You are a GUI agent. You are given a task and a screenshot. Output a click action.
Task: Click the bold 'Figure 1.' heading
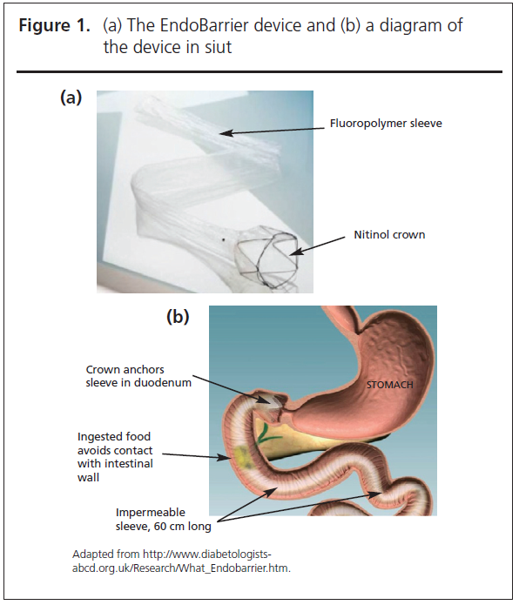pyautogui.click(x=54, y=25)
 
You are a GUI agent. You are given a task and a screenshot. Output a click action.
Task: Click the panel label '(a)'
pyautogui.click(x=71, y=97)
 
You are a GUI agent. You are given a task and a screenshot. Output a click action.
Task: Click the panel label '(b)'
pyautogui.click(x=178, y=316)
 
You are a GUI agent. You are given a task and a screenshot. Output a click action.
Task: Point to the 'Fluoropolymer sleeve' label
pyautogui.click(x=386, y=124)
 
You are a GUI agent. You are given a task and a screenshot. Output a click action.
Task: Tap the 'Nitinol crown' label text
pyautogui.click(x=389, y=234)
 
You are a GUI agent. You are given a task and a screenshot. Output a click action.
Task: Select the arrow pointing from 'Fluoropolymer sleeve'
pyautogui.click(x=273, y=131)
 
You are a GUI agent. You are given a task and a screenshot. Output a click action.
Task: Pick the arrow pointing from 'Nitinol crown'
pyautogui.click(x=317, y=245)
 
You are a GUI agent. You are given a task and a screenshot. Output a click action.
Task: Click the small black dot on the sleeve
pyautogui.click(x=223, y=240)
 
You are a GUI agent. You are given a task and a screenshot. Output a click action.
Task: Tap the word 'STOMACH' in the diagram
pyautogui.click(x=390, y=385)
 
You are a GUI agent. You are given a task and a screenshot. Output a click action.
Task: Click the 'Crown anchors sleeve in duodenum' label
pyautogui.click(x=138, y=376)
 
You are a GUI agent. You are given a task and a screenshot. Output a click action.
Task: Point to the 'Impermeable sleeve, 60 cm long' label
pyautogui.click(x=163, y=520)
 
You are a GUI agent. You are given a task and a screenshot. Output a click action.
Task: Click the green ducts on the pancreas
pyautogui.click(x=266, y=434)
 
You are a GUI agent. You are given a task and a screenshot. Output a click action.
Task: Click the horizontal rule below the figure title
pyautogui.click(x=259, y=71)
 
